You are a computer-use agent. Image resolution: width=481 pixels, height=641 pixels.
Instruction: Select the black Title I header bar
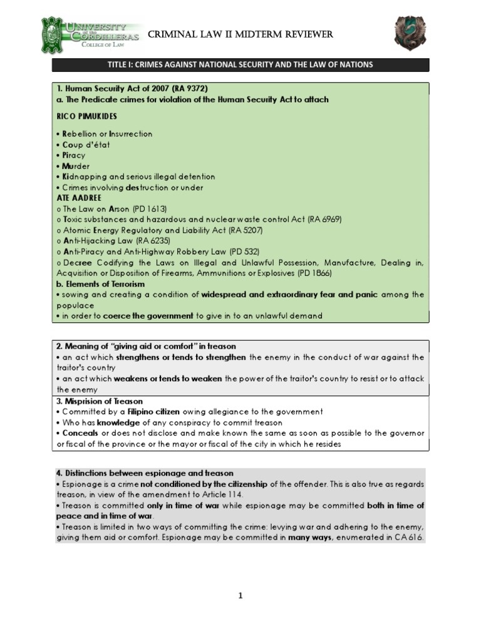[240, 65]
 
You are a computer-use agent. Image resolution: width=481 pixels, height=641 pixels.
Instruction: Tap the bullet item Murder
[76, 166]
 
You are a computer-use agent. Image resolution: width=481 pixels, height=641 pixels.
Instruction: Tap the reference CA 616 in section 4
[410, 538]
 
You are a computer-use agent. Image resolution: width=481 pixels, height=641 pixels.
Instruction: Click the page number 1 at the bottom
[240, 596]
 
